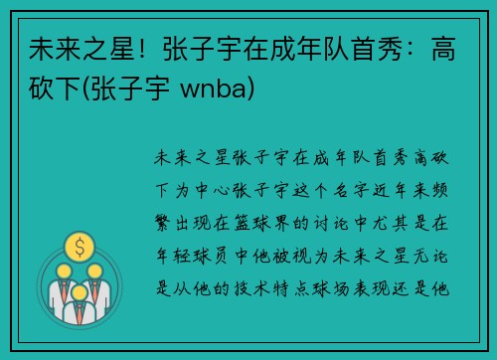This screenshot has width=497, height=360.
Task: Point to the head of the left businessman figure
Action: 63,270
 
